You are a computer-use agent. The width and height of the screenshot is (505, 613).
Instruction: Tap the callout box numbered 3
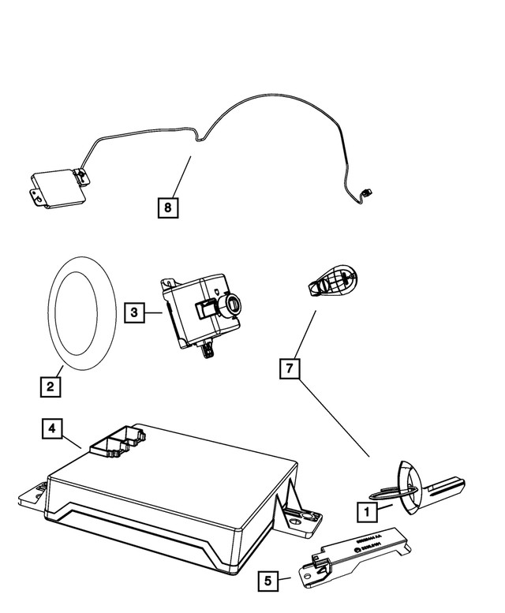135,313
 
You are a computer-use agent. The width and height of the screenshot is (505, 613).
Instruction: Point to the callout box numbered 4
50,428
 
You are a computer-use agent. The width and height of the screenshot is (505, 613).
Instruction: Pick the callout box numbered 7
290,368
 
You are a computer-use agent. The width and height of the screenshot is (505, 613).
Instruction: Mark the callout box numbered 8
167,208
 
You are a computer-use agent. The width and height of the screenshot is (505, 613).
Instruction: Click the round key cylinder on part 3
236,303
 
